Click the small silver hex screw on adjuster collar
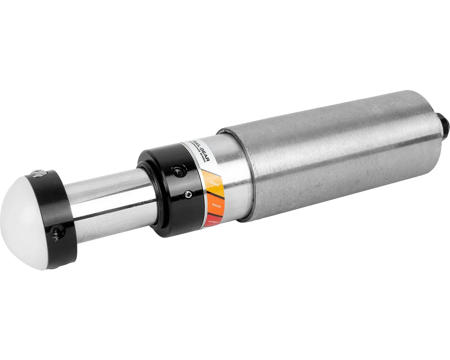[x=188, y=194]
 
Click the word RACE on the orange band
[x=216, y=204]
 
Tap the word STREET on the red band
[x=213, y=224]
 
